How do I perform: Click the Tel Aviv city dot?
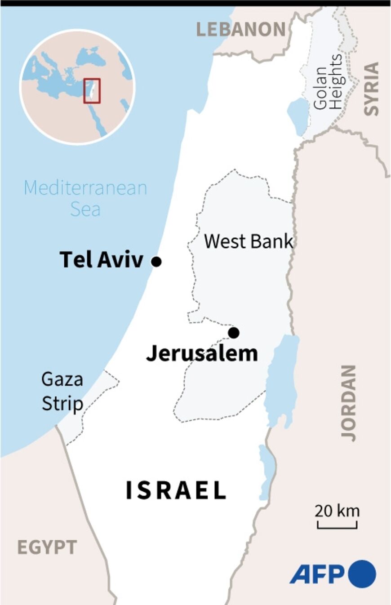pos(156,261)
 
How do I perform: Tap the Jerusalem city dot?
pos(234,333)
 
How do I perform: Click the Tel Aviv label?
pos(101,260)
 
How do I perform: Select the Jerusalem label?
pos(202,354)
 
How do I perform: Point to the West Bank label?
pos(249,241)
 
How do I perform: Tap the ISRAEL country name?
pos(176,490)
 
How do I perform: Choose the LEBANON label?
pos(241,30)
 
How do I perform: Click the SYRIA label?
pos(371,89)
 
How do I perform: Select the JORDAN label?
pos(348,402)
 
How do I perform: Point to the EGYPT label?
pos(47,547)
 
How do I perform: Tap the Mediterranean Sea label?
pos(85,198)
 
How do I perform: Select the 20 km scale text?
pos(337,511)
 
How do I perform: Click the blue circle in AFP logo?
pos(362,574)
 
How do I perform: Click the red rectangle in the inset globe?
pos(92,91)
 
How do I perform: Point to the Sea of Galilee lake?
pos(297,116)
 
